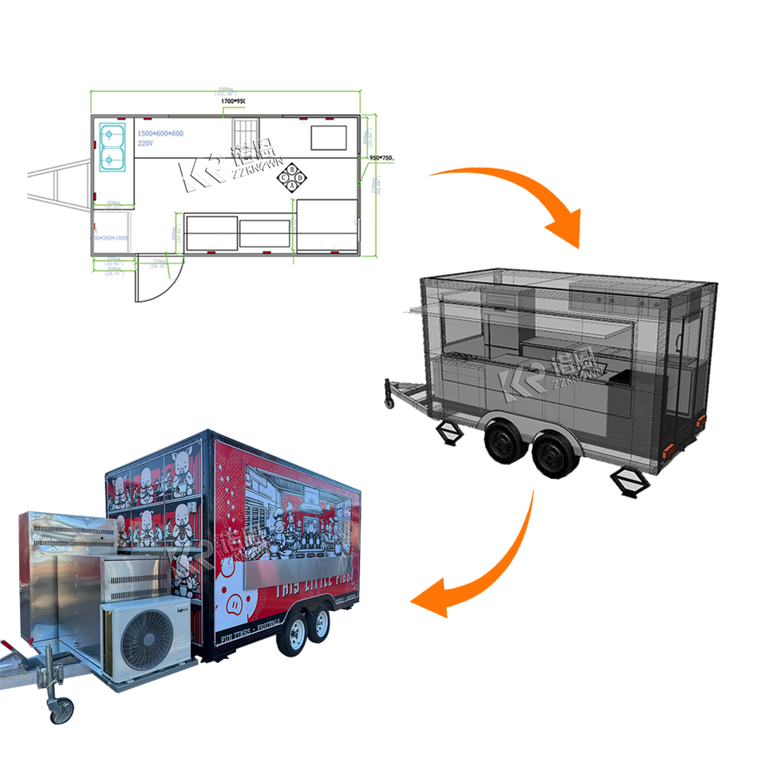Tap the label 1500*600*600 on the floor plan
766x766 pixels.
(x=160, y=133)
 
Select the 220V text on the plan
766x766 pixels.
(x=145, y=144)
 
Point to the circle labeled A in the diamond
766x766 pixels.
(x=292, y=185)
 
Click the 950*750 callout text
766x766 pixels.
(x=382, y=158)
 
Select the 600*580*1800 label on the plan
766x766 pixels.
(x=110, y=239)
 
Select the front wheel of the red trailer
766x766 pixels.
(x=291, y=635)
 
